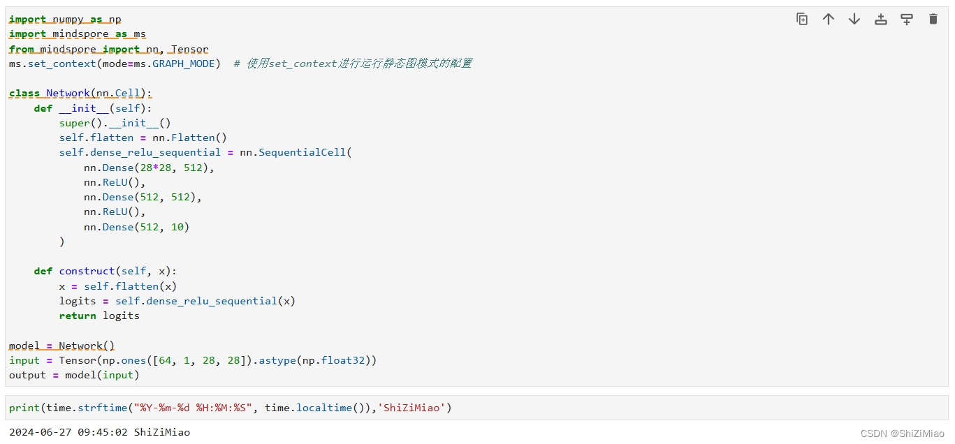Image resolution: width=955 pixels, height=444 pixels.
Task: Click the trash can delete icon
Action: [933, 20]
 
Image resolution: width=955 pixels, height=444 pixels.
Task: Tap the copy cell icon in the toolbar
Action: [802, 20]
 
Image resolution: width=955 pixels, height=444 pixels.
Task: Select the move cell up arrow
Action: [828, 20]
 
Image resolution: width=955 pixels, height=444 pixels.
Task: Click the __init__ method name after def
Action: [84, 108]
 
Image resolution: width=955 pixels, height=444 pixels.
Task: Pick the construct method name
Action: [87, 271]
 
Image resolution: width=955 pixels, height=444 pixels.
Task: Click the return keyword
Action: [78, 316]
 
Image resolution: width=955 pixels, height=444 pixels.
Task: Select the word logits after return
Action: [121, 316]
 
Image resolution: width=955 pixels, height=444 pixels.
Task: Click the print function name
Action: [24, 407]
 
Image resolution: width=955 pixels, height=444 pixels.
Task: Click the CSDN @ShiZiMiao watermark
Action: [902, 434]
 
